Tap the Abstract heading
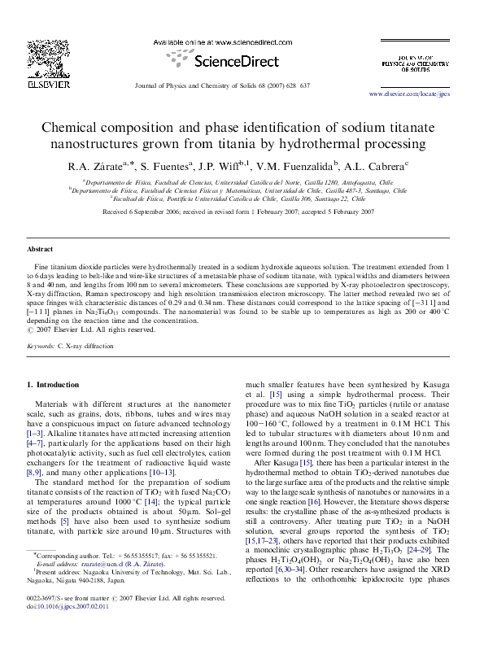click(40, 249)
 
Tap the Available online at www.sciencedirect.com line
click(219, 41)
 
